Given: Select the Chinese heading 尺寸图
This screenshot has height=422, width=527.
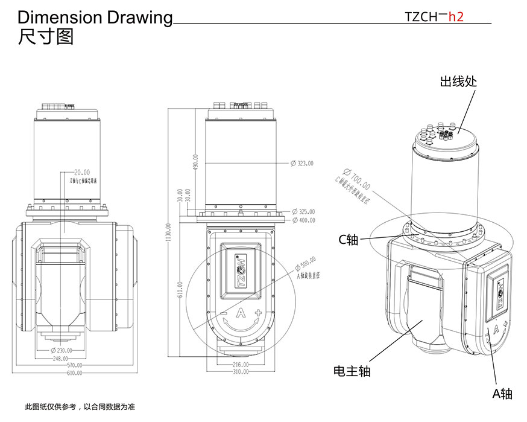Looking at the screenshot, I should click(x=46, y=37).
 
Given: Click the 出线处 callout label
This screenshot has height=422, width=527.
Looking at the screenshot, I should click(x=459, y=81).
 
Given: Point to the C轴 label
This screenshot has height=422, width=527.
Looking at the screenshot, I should click(x=348, y=240).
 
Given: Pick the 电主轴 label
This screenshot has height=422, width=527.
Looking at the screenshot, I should click(x=352, y=371).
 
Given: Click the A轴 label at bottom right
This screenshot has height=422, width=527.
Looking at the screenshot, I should click(x=502, y=394).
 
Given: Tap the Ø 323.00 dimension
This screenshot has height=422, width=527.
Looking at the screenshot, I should click(x=302, y=163).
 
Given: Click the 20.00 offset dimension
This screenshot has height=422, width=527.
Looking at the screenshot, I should click(x=81, y=172).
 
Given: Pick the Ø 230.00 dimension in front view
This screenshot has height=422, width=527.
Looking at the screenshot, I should click(x=62, y=350).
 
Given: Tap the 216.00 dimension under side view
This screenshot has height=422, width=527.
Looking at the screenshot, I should click(x=241, y=365).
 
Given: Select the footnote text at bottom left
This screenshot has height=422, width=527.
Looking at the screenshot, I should click(x=79, y=406).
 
